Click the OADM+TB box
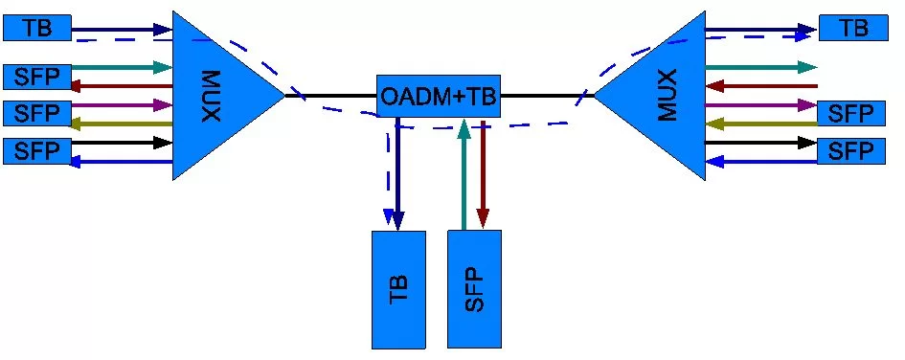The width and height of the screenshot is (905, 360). click(439, 97)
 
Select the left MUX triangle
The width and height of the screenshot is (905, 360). click(215, 95)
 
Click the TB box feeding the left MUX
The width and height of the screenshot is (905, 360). click(37, 28)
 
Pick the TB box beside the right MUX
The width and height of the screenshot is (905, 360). click(852, 28)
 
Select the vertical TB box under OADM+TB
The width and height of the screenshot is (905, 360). click(398, 289)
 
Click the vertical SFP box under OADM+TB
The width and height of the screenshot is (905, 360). click(474, 289)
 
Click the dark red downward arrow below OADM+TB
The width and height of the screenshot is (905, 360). click(483, 172)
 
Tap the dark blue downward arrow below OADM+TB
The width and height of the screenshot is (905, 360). click(399, 172)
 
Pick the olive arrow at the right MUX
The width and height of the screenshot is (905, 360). click(761, 124)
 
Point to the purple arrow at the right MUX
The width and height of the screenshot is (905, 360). click(761, 104)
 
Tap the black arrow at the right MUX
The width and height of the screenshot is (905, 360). click(761, 143)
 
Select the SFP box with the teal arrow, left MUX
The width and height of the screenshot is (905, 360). click(37, 76)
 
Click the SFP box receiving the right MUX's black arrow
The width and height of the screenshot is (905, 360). click(851, 150)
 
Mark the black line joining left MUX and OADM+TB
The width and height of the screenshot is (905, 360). click(330, 96)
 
